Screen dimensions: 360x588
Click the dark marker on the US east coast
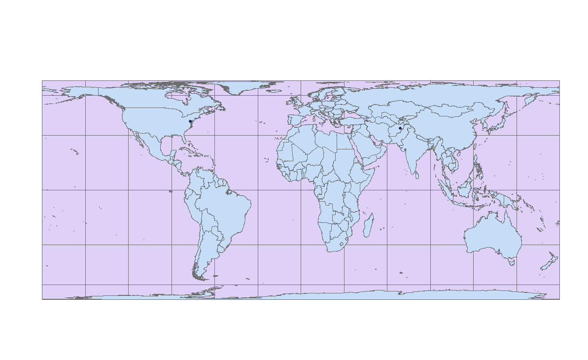(190, 121)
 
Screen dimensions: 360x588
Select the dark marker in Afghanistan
(400, 128)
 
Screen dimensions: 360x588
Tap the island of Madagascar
(368, 224)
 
